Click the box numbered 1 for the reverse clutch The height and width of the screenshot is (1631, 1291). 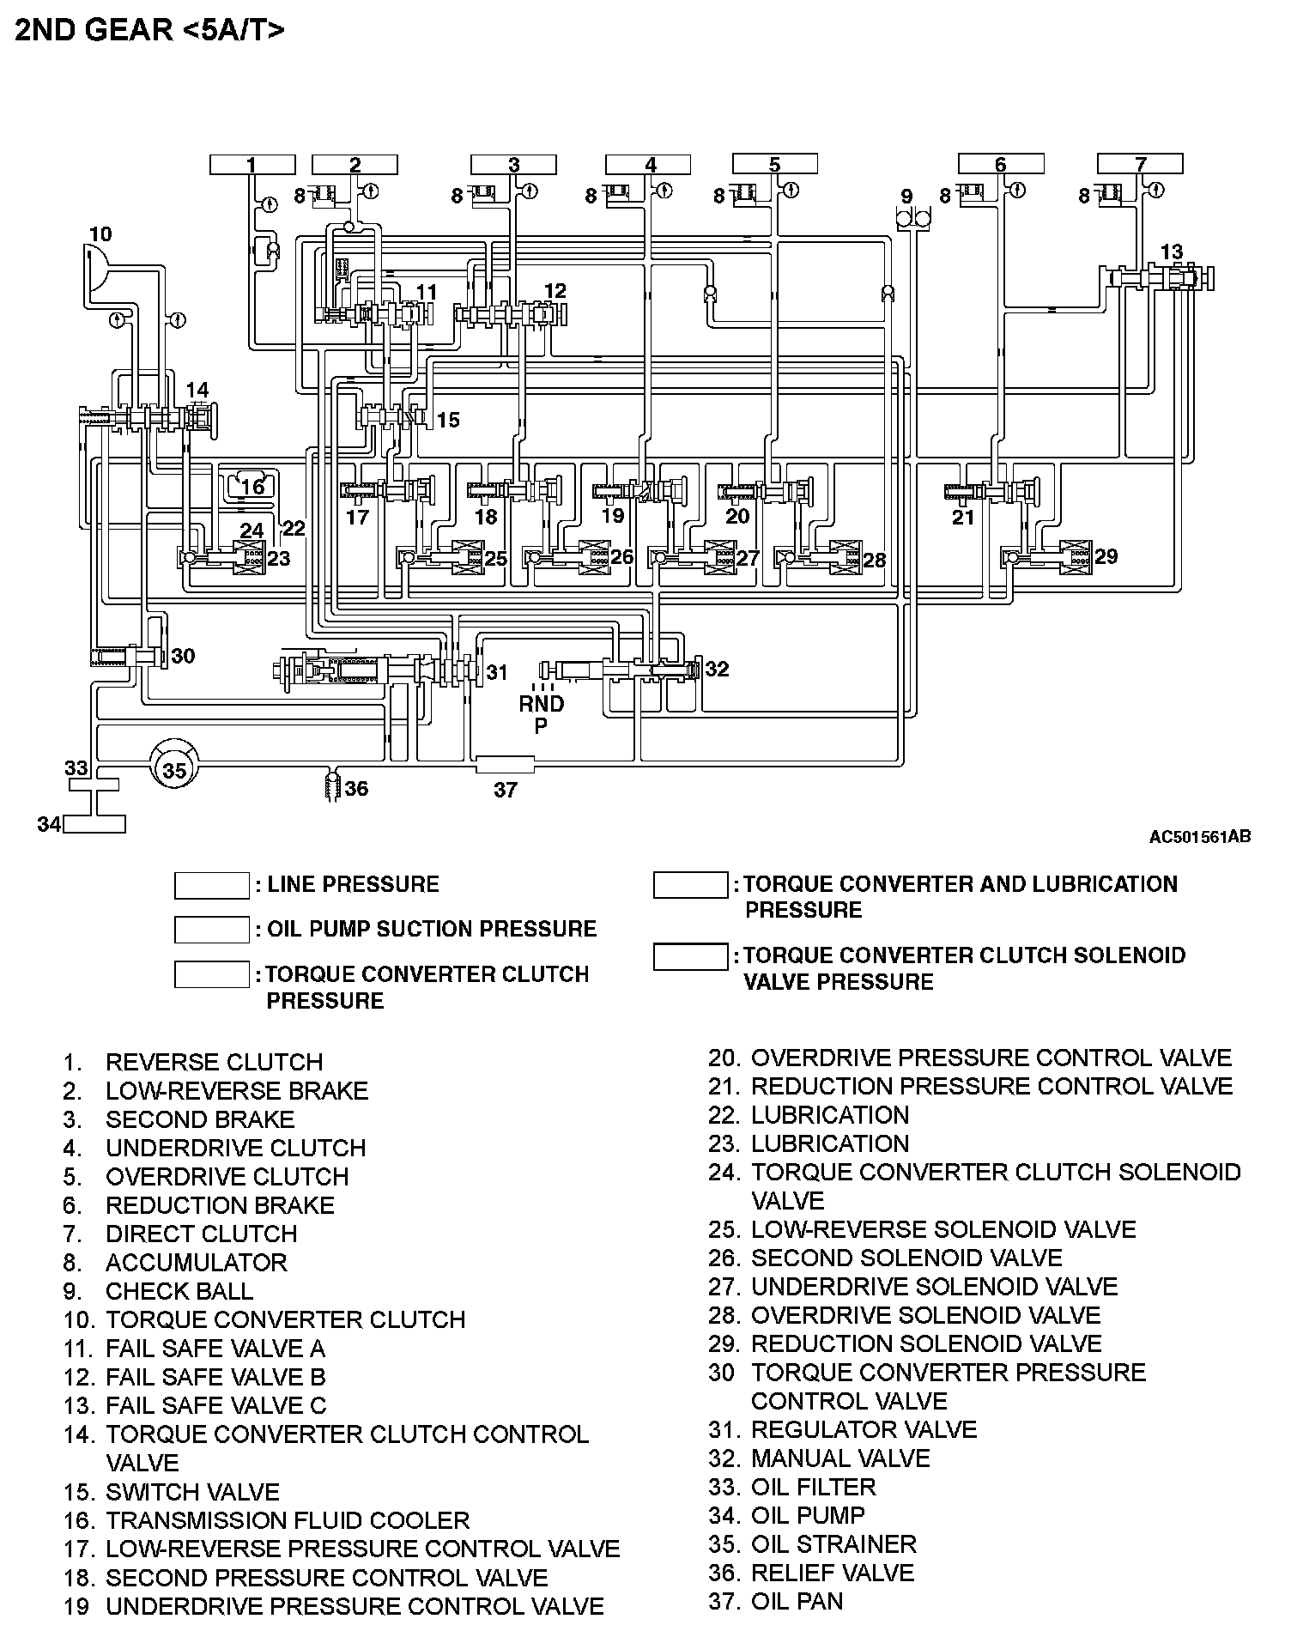pyautogui.click(x=252, y=164)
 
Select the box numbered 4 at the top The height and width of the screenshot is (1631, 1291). pyautogui.click(x=650, y=164)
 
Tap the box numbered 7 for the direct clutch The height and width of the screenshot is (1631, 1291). pyautogui.click(x=1140, y=164)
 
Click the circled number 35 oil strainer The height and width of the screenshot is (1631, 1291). pyautogui.click(x=174, y=770)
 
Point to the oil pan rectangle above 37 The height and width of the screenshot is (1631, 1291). pyautogui.click(x=505, y=764)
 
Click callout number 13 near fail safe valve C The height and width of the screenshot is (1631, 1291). pyautogui.click(x=1171, y=252)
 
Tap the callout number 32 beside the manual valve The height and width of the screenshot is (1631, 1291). pyautogui.click(x=717, y=669)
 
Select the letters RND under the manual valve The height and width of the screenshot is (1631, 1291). pyautogui.click(x=542, y=704)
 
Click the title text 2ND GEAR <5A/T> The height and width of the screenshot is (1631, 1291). pyautogui.click(x=150, y=30)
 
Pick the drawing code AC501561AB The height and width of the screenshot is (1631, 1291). pyautogui.click(x=1199, y=836)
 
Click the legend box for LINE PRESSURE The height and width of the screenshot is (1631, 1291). pyautogui.click(x=211, y=885)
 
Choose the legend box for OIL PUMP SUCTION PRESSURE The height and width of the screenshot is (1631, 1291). pyautogui.click(x=211, y=930)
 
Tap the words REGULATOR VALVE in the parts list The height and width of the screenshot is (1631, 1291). pyautogui.click(x=864, y=1429)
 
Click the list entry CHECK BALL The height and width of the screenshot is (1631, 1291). pyautogui.click(x=179, y=1291)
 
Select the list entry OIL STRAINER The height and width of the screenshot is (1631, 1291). pyautogui.click(x=833, y=1543)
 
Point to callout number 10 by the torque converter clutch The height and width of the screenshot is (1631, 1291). pyautogui.click(x=100, y=233)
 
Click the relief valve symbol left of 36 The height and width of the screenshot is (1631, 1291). pyautogui.click(x=332, y=786)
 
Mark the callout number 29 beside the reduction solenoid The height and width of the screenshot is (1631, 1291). pyautogui.click(x=1106, y=556)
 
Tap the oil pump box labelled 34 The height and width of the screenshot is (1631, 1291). pyautogui.click(x=94, y=824)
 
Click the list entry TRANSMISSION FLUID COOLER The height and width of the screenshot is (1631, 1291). pyautogui.click(x=288, y=1520)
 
